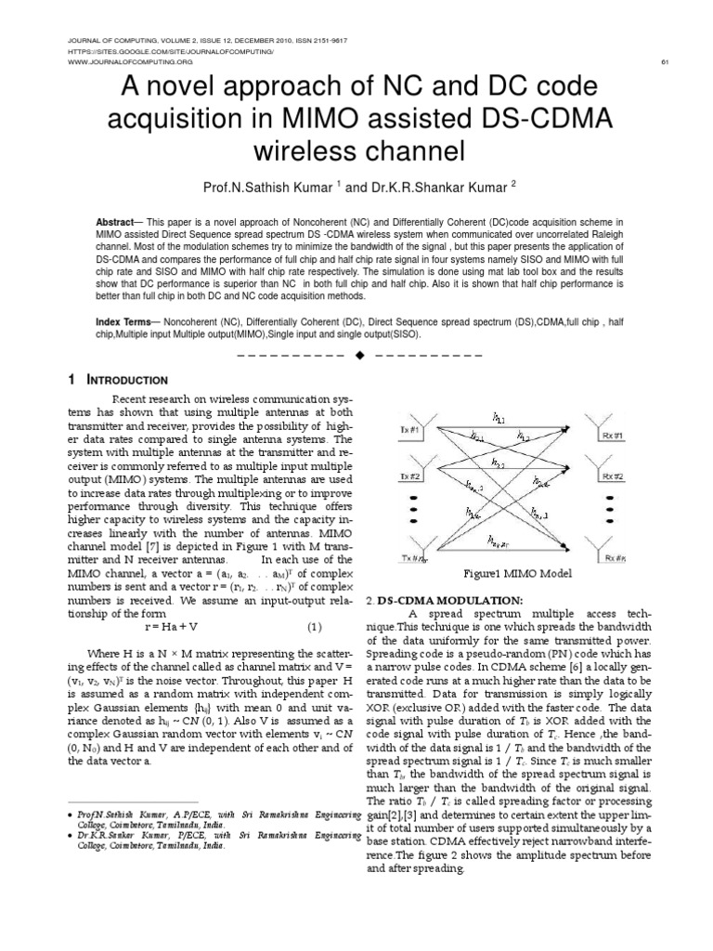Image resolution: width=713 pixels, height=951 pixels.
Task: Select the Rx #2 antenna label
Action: (612, 476)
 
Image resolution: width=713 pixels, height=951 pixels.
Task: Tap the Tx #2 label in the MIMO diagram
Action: (410, 476)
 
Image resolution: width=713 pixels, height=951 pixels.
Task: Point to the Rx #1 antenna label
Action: (612, 432)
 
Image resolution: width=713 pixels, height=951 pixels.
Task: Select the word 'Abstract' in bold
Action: (115, 224)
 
